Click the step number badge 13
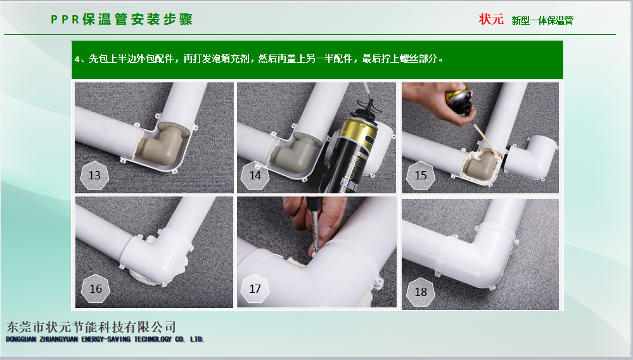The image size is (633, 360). [94, 175]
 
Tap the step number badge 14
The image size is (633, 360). [255, 175]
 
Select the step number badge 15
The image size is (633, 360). [420, 175]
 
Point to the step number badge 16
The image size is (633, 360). [95, 288]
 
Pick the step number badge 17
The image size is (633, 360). [255, 288]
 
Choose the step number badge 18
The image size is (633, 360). [420, 292]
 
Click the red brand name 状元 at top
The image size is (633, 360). [491, 19]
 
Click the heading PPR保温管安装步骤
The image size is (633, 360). [122, 20]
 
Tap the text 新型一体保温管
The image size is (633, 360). [542, 20]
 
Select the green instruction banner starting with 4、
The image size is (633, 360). [317, 60]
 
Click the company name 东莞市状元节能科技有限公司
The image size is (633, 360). [91, 327]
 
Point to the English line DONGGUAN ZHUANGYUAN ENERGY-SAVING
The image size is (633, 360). [105, 339]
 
